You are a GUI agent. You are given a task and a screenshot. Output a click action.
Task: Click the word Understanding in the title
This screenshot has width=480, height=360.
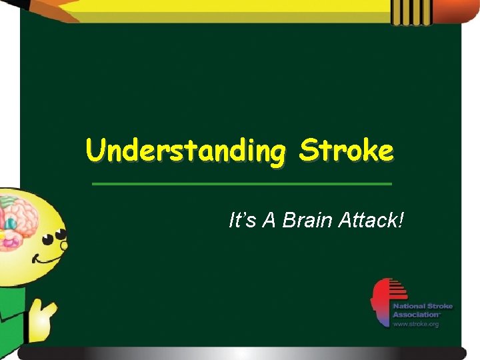(x=186, y=151)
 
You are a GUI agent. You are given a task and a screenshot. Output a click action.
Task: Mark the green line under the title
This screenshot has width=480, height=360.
(x=241, y=183)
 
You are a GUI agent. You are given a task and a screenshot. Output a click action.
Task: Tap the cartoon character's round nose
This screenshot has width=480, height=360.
(x=64, y=245)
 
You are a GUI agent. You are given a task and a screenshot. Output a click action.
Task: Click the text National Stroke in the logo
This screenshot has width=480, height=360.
(x=423, y=307)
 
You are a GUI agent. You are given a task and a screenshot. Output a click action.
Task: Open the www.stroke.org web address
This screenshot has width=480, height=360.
(x=415, y=324)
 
